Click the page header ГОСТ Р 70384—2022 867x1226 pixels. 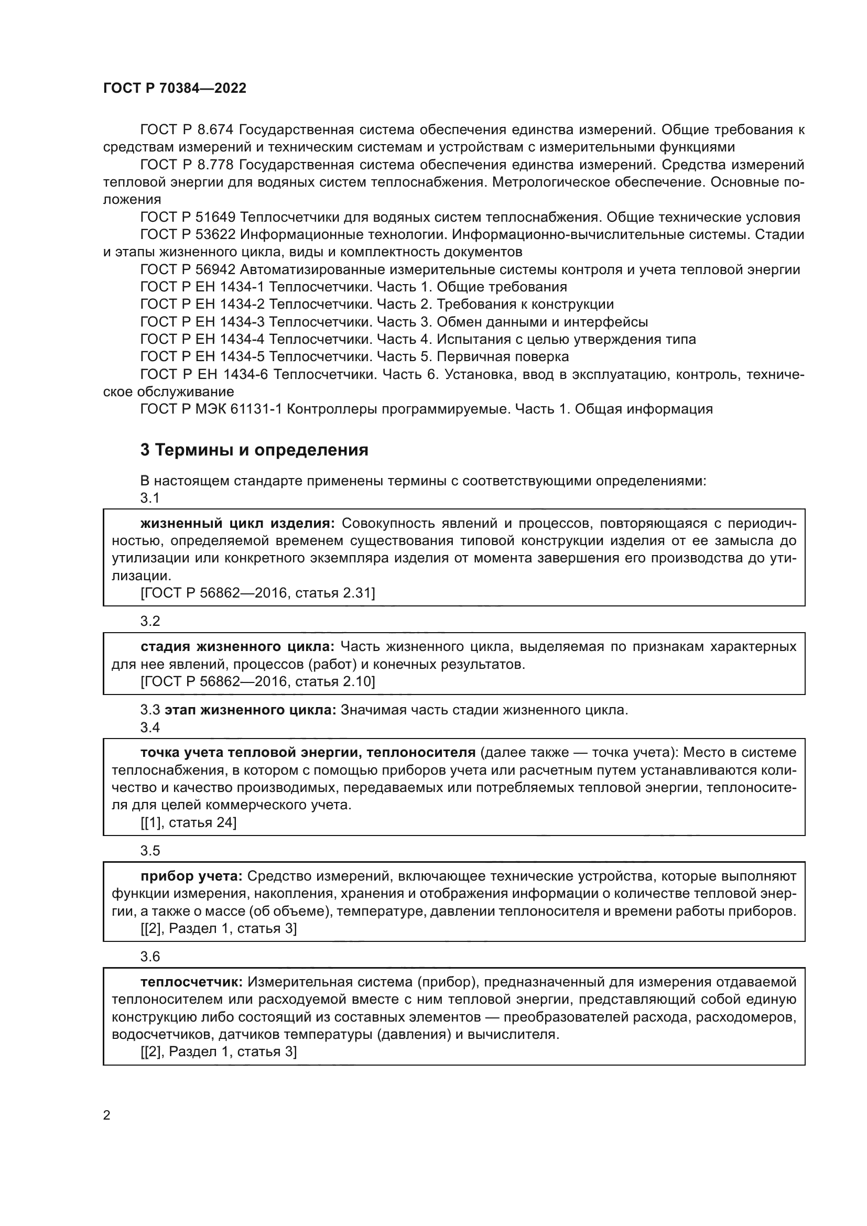(x=175, y=89)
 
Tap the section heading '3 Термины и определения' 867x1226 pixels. (x=254, y=450)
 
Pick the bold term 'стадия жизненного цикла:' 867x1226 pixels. (x=237, y=647)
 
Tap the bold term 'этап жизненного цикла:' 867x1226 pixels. (x=251, y=710)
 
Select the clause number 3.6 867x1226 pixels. (x=150, y=957)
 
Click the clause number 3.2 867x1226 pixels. (x=150, y=621)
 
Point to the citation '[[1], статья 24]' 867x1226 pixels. (x=189, y=823)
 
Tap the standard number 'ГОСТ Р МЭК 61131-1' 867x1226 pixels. (x=211, y=409)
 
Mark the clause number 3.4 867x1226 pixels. (x=150, y=728)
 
